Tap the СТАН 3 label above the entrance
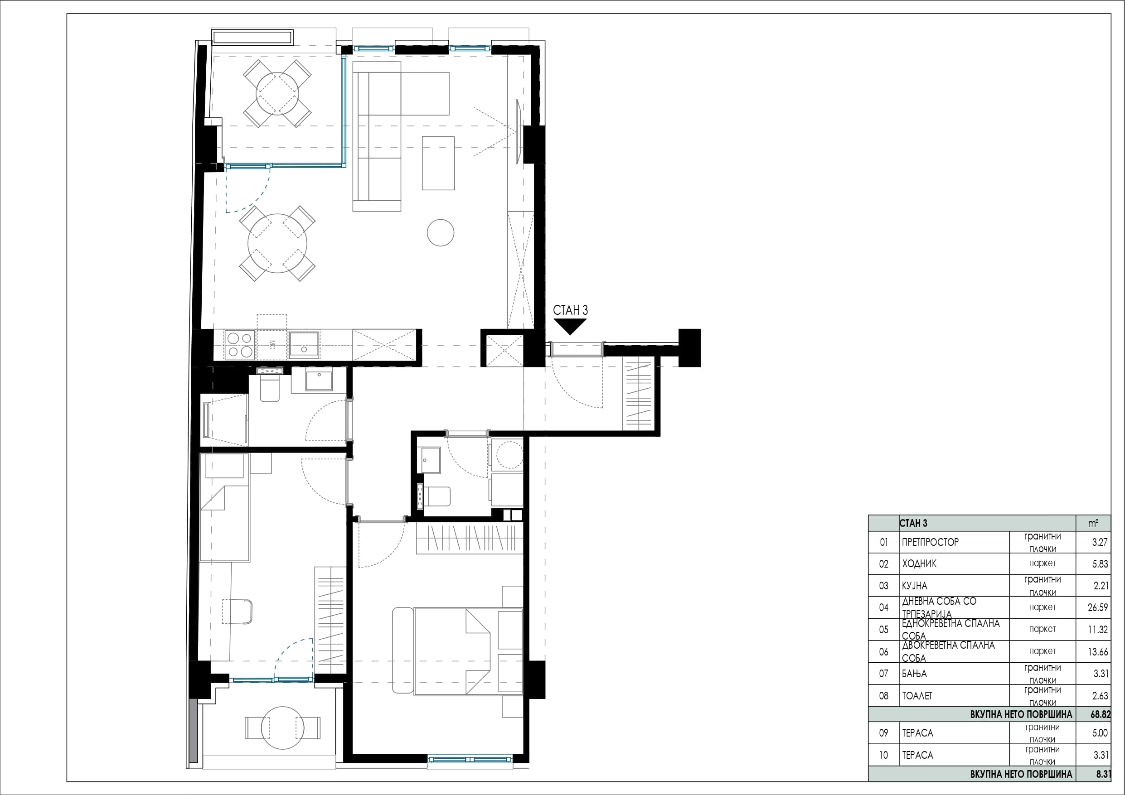point(570,310)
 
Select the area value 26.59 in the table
point(1097,607)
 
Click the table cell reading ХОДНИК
point(919,564)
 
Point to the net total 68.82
point(1101,715)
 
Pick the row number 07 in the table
point(883,674)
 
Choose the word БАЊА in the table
point(914,674)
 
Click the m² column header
point(1093,523)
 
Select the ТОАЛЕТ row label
point(917,696)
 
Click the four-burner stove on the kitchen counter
point(240,345)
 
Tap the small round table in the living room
point(441,232)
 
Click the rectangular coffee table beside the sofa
point(438,163)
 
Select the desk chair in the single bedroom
point(238,612)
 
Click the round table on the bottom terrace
point(283,728)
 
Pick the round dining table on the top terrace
point(277,94)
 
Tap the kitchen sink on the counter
point(304,344)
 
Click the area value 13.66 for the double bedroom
point(1097,652)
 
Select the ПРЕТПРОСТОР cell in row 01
point(930,542)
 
